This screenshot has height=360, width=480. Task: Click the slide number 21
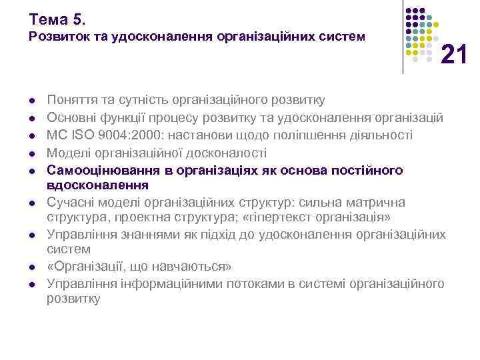tap(454, 53)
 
